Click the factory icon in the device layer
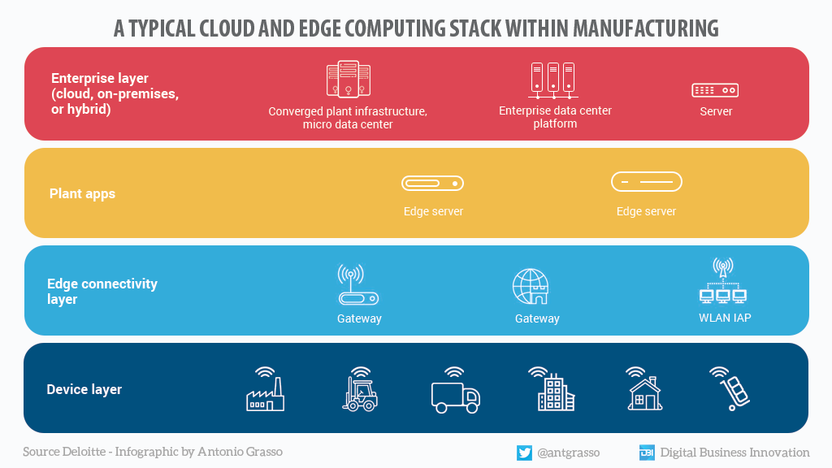coord(265,394)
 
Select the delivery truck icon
coord(455,396)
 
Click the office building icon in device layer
coord(555,392)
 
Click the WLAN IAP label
coord(725,318)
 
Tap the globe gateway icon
coord(531,287)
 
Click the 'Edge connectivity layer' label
coord(102,291)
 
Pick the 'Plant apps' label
coord(82,193)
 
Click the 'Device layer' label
coord(84,389)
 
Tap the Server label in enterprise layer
coord(716,111)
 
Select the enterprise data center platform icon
coord(552,80)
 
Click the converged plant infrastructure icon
coord(348,80)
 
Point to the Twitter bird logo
coord(524,453)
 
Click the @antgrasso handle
coord(570,453)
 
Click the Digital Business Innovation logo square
coord(647,453)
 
